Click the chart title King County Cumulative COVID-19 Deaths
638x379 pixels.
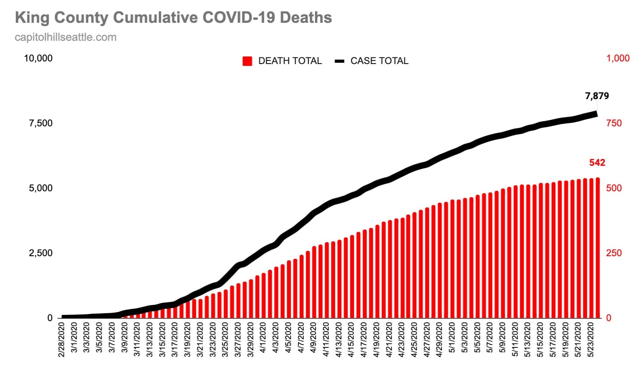click(173, 18)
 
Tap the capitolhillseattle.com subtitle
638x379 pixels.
click(66, 37)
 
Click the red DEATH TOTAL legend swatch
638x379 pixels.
click(248, 61)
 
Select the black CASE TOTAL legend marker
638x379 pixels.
click(340, 61)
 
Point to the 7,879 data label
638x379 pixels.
click(597, 96)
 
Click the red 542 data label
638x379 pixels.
click(597, 163)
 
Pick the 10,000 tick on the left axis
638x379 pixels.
click(38, 58)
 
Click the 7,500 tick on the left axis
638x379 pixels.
click(41, 123)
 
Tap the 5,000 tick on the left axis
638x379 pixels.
click(41, 188)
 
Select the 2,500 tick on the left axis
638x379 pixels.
click(41, 253)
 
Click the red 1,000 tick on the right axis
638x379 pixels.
click(618, 58)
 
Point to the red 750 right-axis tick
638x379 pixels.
click(614, 123)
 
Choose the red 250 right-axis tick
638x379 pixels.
click(614, 253)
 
